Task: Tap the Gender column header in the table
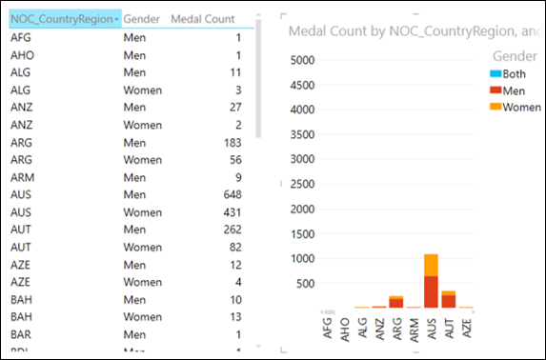142,19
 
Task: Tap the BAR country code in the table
20,335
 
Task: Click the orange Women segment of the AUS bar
431,265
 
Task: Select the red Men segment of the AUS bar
431,291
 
